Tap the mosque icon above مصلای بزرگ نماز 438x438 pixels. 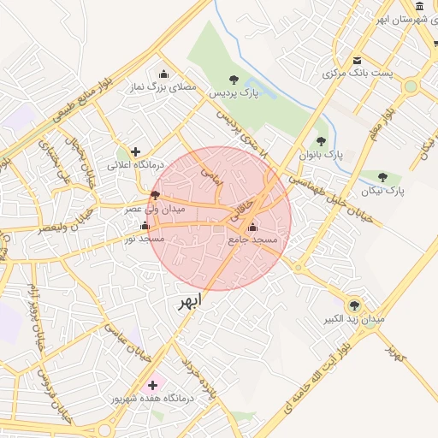pyautogui.click(x=163, y=74)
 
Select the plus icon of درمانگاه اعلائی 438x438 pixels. pyautogui.click(x=135, y=151)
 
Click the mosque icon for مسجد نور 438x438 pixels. pyautogui.click(x=144, y=226)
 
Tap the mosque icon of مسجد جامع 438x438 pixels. pyautogui.click(x=252, y=227)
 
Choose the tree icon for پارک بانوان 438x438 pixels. pyautogui.click(x=321, y=142)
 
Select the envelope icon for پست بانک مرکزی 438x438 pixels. pyautogui.click(x=357, y=60)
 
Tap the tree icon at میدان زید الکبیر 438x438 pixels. pyautogui.click(x=354, y=305)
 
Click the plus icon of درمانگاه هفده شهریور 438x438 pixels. pyautogui.click(x=152, y=385)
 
